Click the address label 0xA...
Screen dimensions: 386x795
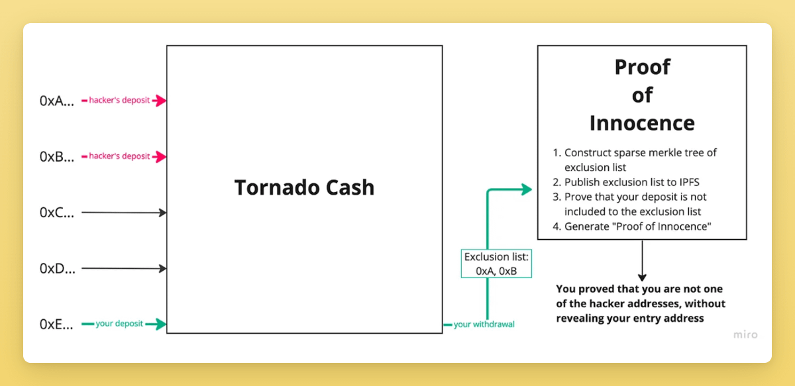point(56,101)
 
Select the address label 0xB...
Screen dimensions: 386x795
point(56,157)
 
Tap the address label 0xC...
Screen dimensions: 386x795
point(56,213)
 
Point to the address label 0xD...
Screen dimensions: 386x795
point(56,269)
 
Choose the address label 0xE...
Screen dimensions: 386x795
point(56,324)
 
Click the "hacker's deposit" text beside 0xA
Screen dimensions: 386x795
point(119,101)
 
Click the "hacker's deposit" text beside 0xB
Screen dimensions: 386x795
point(119,156)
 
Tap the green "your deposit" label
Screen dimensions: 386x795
point(119,324)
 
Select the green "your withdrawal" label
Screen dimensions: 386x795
point(484,324)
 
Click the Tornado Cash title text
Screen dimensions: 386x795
point(304,187)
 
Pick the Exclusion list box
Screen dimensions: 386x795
point(496,264)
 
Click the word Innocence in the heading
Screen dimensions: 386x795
point(641,123)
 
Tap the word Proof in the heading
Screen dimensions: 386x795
point(642,67)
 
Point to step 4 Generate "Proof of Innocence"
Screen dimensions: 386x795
point(637,226)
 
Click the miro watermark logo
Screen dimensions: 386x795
point(745,334)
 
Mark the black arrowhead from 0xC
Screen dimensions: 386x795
point(162,213)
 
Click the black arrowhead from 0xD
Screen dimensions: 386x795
point(162,269)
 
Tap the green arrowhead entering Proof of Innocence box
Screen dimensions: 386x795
point(527,190)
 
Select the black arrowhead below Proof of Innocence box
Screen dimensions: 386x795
point(641,277)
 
